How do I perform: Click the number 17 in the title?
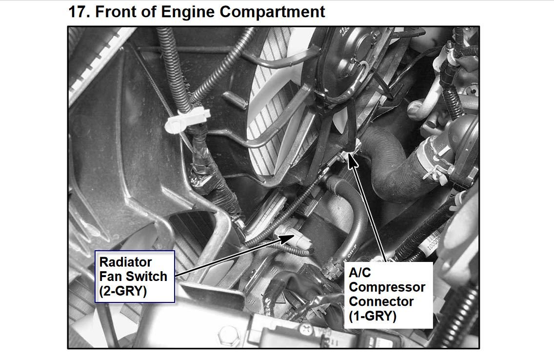pyautogui.click(x=79, y=11)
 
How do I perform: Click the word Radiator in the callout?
pyautogui.click(x=126, y=262)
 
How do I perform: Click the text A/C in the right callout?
pyautogui.click(x=360, y=273)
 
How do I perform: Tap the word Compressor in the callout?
pyautogui.click(x=387, y=287)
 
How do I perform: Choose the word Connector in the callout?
pyautogui.click(x=381, y=301)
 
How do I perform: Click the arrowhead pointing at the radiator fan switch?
pyautogui.click(x=285, y=238)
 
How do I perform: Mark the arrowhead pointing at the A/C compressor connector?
pyautogui.click(x=353, y=160)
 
